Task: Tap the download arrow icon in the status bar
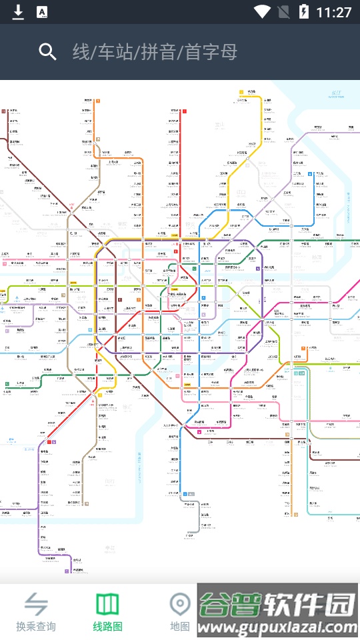click(19, 11)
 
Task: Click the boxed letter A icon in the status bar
click(41, 11)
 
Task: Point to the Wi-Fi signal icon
click(262, 11)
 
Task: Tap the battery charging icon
click(304, 11)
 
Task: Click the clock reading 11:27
click(334, 12)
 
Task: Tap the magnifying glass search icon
click(47, 52)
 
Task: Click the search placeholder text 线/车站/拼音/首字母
click(155, 52)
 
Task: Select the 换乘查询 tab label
click(36, 627)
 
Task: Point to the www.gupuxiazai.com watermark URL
click(280, 628)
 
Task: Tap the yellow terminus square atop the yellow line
click(241, 92)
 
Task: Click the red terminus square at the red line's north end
click(185, 111)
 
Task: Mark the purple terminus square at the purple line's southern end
click(67, 571)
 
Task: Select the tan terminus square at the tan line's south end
click(85, 503)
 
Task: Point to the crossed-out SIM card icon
click(283, 11)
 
